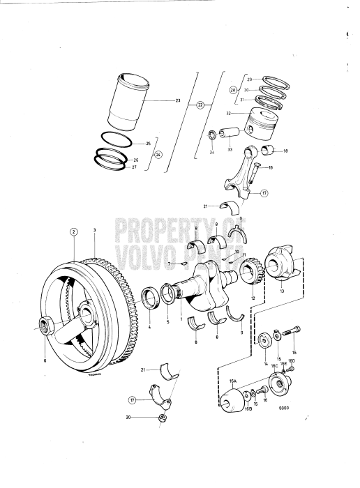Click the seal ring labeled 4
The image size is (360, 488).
pos(149,300)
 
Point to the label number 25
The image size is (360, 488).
pos(148,144)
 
